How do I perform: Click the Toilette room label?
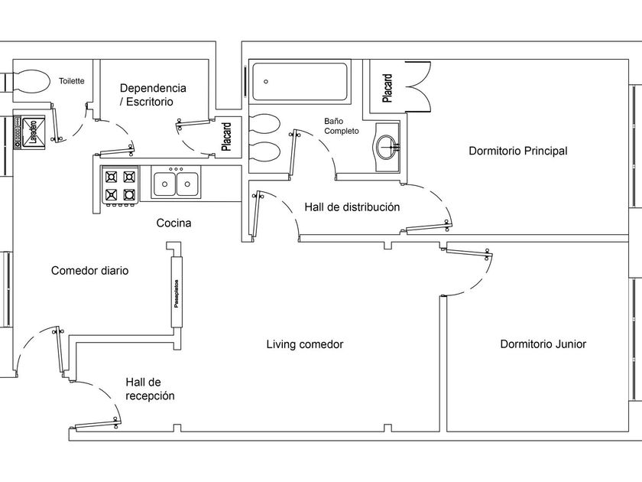click(x=71, y=80)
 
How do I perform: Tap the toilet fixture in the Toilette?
click(x=29, y=82)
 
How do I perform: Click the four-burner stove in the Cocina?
click(x=120, y=185)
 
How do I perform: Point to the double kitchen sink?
click(x=176, y=184)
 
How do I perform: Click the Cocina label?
click(x=173, y=223)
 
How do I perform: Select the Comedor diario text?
click(x=89, y=271)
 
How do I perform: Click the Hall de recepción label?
click(x=150, y=389)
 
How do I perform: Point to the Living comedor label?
click(x=305, y=344)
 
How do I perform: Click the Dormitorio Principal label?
click(x=517, y=151)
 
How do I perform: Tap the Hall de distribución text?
click(x=352, y=207)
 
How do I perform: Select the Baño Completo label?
click(x=341, y=126)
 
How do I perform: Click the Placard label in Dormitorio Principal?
click(x=387, y=87)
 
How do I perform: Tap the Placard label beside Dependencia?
click(x=227, y=136)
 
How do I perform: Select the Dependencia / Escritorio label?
click(x=152, y=94)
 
